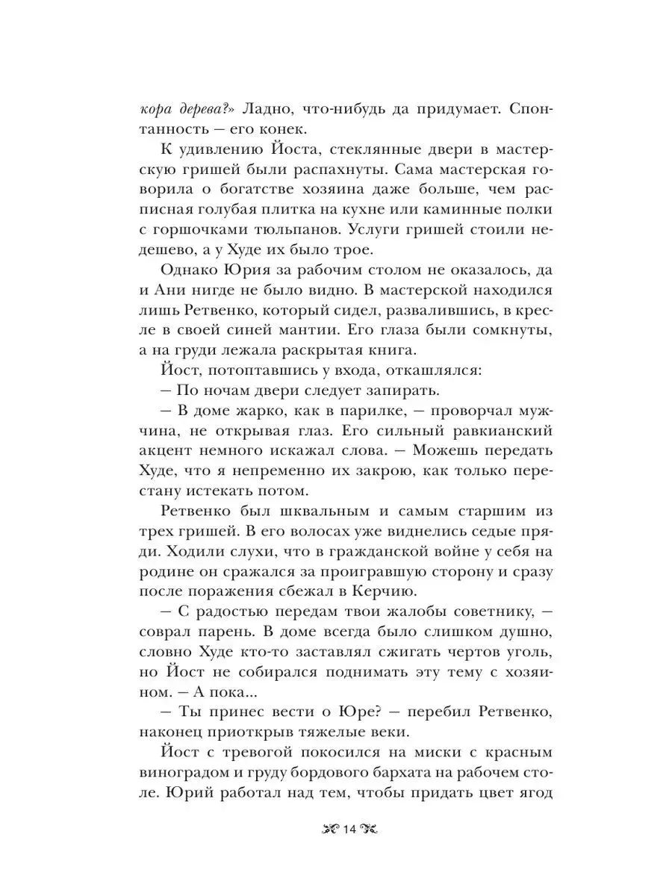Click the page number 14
[351, 830]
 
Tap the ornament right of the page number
[372, 830]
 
